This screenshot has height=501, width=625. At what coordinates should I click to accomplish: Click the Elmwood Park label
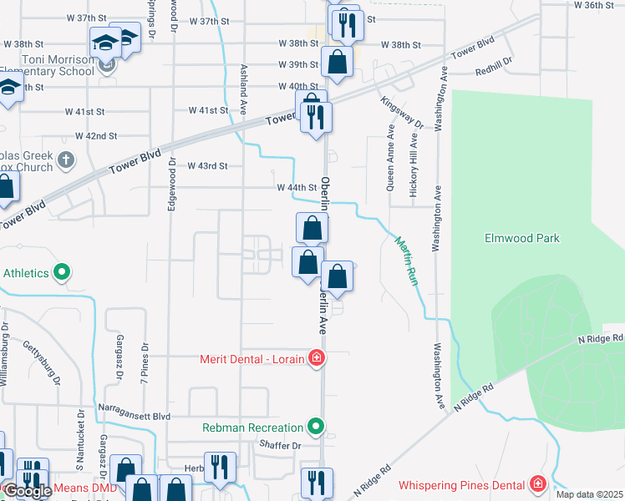point(522,238)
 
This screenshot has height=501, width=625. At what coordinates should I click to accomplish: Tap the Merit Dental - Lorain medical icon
point(316,360)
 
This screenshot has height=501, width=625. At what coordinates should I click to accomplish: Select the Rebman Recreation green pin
point(315,428)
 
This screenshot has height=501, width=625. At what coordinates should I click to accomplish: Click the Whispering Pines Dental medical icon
point(538,484)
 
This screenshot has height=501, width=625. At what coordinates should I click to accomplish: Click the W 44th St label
point(297,188)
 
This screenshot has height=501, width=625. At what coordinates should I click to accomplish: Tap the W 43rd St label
point(208,166)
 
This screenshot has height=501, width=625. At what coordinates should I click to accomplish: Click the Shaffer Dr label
point(280,445)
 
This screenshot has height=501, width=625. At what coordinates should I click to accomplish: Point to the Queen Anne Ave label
point(390,159)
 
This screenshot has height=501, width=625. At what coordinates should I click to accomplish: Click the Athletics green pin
point(61,272)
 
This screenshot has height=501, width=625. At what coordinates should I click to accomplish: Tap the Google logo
point(27,492)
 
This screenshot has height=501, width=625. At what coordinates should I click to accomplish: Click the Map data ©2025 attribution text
point(589,494)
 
